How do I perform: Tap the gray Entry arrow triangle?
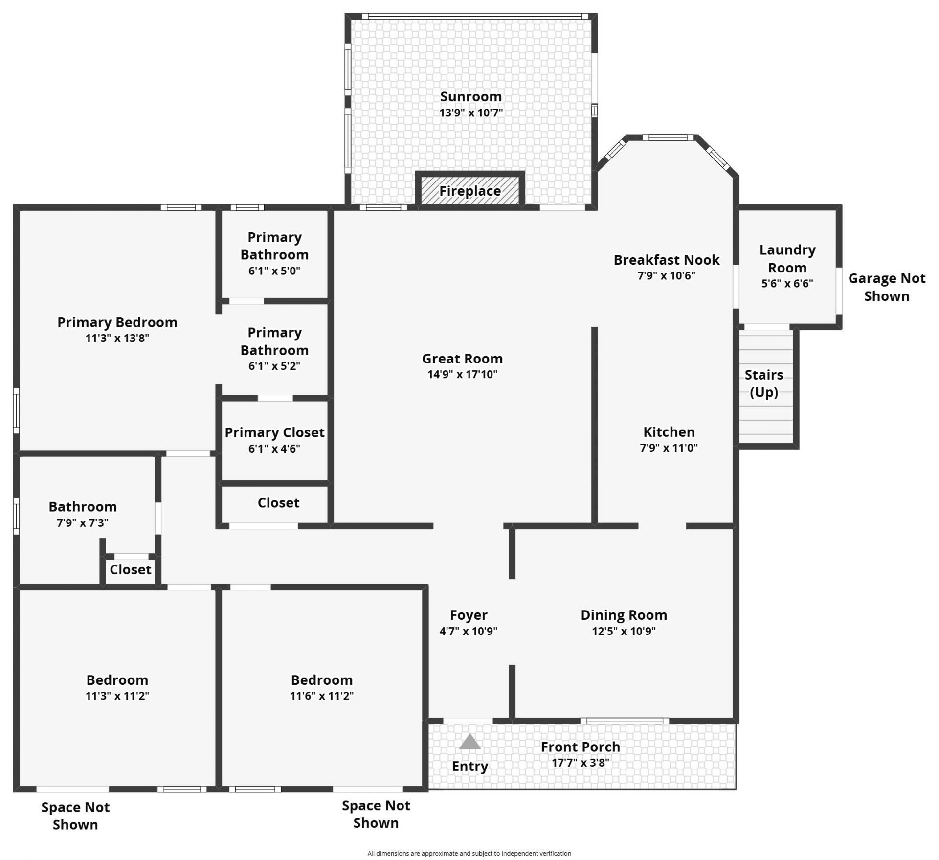pos(469,742)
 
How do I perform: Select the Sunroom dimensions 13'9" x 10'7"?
pos(470,113)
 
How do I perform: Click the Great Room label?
pos(462,359)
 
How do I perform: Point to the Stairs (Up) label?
pos(763,384)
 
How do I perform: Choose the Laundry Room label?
pos(787,259)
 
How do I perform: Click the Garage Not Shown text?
pos(886,287)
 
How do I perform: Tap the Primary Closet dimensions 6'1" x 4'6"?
pos(274,449)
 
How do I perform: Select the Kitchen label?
pos(669,432)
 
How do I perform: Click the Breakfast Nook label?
pos(666,260)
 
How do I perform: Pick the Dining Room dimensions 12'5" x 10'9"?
pos(624,631)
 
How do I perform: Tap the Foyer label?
pos(469,615)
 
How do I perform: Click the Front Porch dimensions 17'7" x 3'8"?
pos(580,763)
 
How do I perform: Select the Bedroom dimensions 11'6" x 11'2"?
pos(321,696)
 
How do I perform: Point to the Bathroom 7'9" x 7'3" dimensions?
pos(82,523)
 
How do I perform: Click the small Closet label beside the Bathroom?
pos(130,569)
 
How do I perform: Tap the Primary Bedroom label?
pos(117,322)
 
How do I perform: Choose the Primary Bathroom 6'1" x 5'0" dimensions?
pos(274,271)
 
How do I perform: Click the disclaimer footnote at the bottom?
pos(469,853)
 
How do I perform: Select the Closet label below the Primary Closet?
pos(278,503)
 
